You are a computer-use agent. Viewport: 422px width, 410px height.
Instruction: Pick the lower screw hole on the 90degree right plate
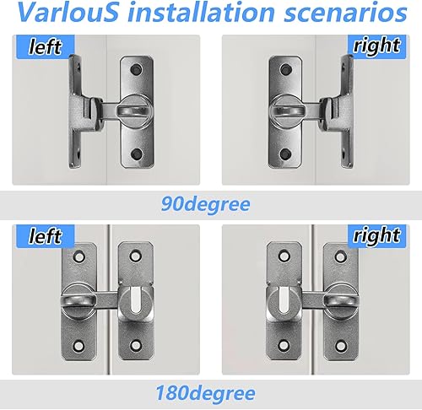[x=286, y=154]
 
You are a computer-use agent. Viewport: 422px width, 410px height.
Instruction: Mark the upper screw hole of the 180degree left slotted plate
[x=135, y=255]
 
